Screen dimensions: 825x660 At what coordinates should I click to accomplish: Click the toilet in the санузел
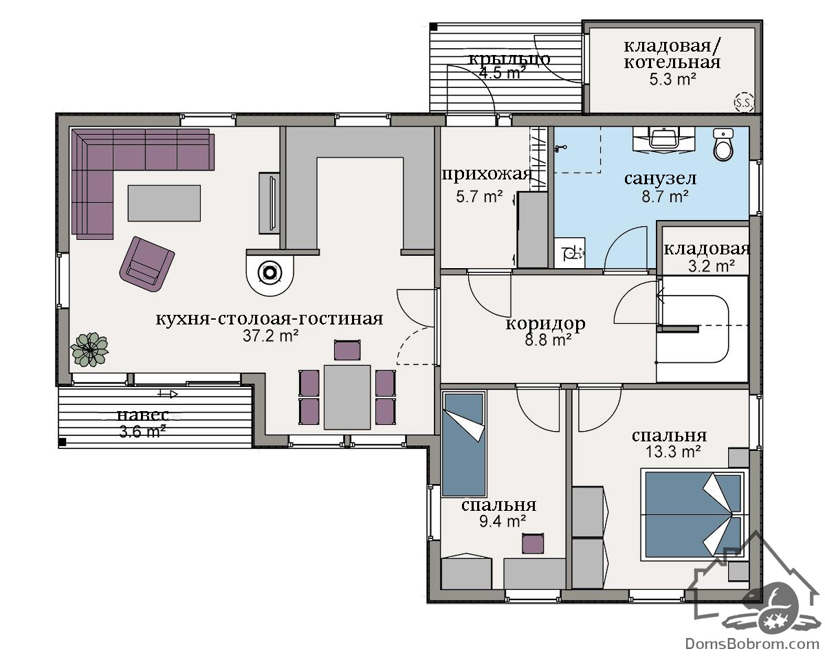[x=723, y=144]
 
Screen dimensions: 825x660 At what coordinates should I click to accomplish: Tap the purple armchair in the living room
[x=147, y=264]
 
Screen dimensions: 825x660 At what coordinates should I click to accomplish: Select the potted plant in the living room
[x=89, y=349]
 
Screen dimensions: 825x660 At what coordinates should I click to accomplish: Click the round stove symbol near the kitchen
[x=270, y=273]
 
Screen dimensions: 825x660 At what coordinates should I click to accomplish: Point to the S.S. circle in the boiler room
[x=744, y=102]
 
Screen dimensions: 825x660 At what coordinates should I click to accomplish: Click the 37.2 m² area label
[x=270, y=336]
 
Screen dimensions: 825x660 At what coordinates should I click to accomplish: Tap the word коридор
[x=545, y=323]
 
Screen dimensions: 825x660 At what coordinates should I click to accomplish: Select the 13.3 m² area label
[x=673, y=452]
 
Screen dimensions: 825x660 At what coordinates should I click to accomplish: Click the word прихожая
[x=487, y=175]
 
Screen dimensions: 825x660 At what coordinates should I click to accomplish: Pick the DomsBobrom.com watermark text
[x=752, y=643]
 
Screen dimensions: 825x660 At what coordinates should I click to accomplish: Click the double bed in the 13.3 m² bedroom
[x=694, y=514]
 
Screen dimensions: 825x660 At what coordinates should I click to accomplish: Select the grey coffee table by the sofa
[x=164, y=203]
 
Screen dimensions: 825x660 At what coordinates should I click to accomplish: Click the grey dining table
[x=347, y=397]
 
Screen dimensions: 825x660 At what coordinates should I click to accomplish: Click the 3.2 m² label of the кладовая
[x=711, y=266]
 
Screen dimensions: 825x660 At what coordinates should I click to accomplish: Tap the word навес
[x=142, y=415]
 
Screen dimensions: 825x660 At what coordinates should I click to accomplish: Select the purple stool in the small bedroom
[x=533, y=543]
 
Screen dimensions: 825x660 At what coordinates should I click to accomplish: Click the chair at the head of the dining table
[x=347, y=350]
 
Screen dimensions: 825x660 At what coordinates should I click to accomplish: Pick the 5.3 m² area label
[x=673, y=79]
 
